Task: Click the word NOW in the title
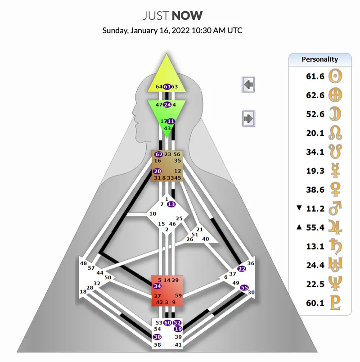coord(187,16)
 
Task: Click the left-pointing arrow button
coord(248,84)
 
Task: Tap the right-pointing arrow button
coord(248,118)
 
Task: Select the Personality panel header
coord(319,59)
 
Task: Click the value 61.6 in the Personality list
coord(315,77)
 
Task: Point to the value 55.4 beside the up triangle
coord(315,227)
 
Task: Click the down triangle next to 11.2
coord(298,208)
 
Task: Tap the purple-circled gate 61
coord(167,86)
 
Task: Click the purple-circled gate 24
coord(167,104)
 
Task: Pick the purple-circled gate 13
coord(171,204)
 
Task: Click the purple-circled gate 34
coord(157,286)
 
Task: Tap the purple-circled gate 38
coord(157,337)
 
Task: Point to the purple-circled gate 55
coord(244,287)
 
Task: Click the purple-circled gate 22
coord(242,269)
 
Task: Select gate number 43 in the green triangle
coord(167,128)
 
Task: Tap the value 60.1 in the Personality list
coord(315,303)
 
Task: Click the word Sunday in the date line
coord(115,31)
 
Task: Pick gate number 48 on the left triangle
coord(83,263)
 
